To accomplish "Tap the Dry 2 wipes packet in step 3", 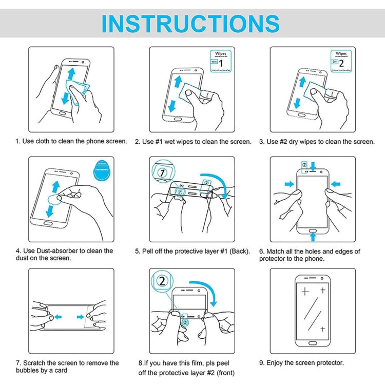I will point(340,61).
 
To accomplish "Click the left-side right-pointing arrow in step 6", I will point(289,183).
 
